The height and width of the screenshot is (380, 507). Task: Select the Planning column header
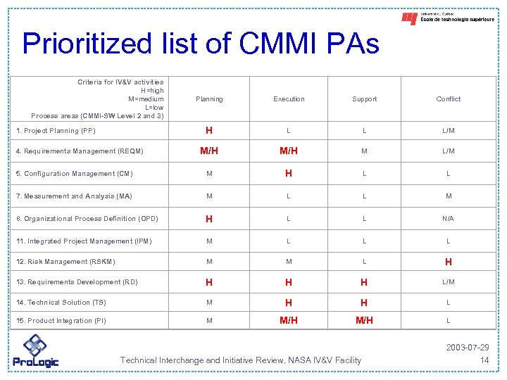click(209, 99)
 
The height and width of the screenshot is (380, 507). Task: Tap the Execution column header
click(289, 99)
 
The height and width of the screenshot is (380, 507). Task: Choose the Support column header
click(364, 99)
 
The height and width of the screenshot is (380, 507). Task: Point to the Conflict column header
click(449, 99)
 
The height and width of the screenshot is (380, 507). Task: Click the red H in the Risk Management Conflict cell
click(449, 262)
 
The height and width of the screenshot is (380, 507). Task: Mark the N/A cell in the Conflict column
click(449, 219)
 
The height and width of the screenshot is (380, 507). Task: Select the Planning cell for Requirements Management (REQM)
click(209, 151)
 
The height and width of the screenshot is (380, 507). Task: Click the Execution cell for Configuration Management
click(289, 174)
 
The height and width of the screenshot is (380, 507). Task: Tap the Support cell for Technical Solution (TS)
click(364, 303)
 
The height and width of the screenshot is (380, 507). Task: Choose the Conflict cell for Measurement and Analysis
click(449, 196)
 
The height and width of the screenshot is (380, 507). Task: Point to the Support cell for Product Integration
click(364, 321)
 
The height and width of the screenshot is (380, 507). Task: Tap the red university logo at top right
click(409, 18)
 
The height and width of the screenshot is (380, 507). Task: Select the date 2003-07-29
click(468, 348)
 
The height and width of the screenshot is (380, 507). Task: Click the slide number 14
click(484, 360)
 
